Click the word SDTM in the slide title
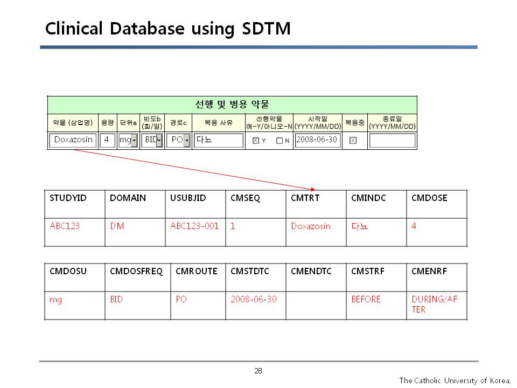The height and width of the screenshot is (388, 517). (266, 29)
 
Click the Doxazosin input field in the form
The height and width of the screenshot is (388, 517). (73, 140)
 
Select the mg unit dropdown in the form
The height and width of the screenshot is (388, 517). (128, 140)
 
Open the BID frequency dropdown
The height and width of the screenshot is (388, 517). (152, 140)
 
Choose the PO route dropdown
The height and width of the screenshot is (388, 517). (178, 140)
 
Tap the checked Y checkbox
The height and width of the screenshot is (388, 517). (255, 141)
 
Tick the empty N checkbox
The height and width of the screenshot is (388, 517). (280, 141)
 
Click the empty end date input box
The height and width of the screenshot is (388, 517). (393, 141)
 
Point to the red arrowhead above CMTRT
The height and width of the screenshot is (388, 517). (313, 189)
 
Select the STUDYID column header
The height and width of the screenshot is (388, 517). (68, 198)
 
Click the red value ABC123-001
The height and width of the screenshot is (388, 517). (194, 226)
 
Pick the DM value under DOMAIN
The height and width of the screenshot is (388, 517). (117, 226)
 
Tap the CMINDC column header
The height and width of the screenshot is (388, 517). (368, 198)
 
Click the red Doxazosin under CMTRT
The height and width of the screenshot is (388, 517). (311, 226)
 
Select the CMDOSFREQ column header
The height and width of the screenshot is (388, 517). (136, 271)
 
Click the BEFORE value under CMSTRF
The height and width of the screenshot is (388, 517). (366, 299)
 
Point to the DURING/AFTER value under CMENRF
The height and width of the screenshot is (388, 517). (435, 304)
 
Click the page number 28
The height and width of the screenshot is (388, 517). (258, 371)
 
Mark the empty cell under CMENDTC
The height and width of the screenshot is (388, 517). (316, 306)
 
